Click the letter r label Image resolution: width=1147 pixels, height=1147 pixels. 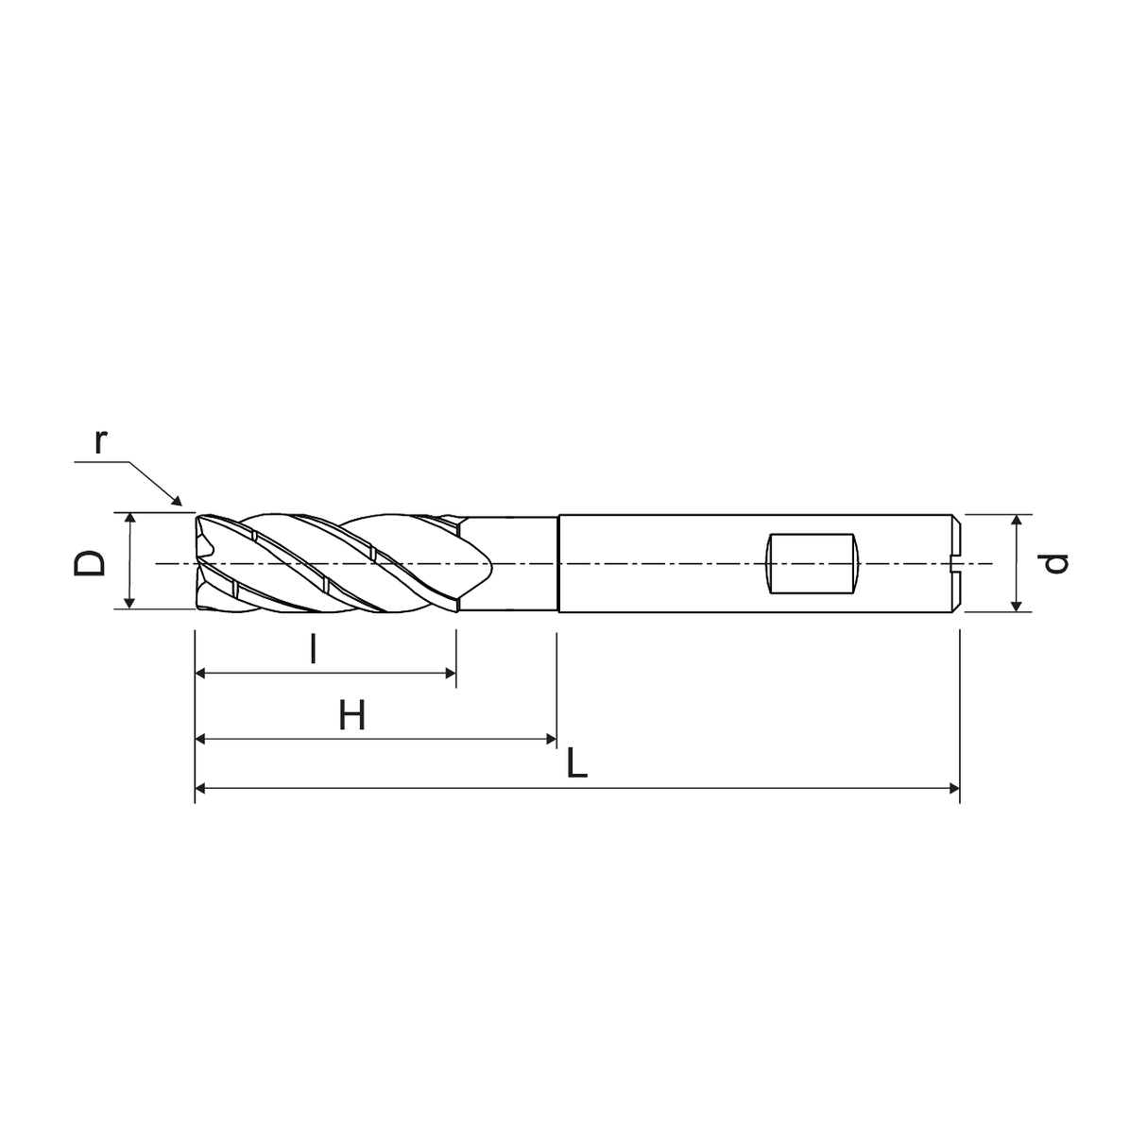(x=100, y=442)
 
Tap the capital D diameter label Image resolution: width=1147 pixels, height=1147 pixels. (x=89, y=562)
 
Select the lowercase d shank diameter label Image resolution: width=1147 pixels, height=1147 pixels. (x=1053, y=563)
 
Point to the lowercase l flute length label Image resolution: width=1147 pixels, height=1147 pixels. (x=313, y=649)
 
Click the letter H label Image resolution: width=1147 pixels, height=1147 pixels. (x=351, y=715)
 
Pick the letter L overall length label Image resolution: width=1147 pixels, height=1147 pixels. (x=576, y=764)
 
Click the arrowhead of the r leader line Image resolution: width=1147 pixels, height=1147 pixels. (x=176, y=501)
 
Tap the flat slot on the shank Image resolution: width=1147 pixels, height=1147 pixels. (x=812, y=563)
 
